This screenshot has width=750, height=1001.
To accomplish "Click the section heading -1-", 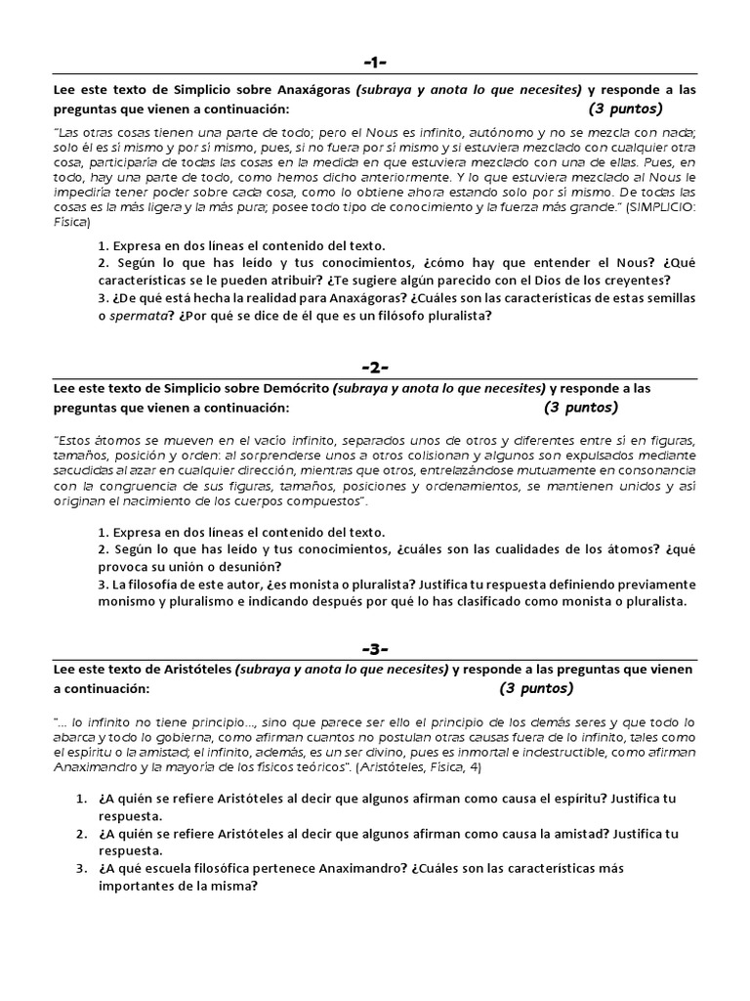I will pos(375,63).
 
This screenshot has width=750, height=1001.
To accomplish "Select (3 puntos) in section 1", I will pos(625,108).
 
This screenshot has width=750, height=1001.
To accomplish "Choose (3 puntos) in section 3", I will pos(537,688).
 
